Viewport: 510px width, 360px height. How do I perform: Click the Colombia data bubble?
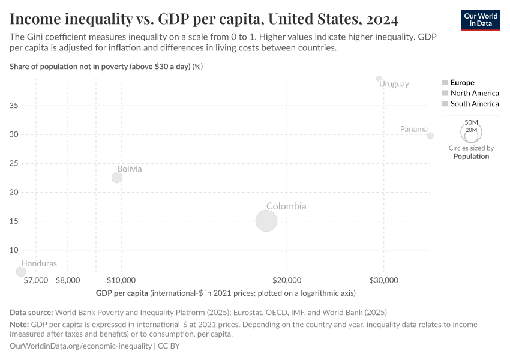coord(266,221)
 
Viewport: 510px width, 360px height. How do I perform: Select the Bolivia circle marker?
coord(117,178)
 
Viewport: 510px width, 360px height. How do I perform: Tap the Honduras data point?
coord(21,272)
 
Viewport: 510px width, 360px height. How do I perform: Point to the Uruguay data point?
coord(379,78)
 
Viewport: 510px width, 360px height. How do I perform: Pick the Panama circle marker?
coord(430,136)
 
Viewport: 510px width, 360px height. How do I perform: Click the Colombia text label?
coord(286,206)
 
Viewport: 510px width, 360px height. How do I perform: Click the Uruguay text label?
coord(394,84)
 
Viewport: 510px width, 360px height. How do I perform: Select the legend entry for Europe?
coord(462,83)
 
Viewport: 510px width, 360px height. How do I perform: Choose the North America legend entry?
coord(474,94)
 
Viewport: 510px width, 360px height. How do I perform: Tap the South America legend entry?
coord(474,104)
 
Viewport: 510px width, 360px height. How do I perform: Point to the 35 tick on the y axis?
coord(14,106)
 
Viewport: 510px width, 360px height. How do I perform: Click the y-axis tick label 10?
coord(14,250)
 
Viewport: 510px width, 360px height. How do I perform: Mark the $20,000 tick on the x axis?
coord(287,280)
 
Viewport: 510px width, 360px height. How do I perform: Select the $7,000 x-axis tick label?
coord(36,280)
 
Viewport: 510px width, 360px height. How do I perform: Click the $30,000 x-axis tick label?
coord(383,280)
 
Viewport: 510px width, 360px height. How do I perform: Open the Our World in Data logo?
coord(480,20)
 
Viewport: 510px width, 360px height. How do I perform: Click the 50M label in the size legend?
coord(471,122)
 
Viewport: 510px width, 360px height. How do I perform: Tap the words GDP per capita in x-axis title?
coord(122,293)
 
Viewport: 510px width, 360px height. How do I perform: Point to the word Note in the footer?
coord(19,325)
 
